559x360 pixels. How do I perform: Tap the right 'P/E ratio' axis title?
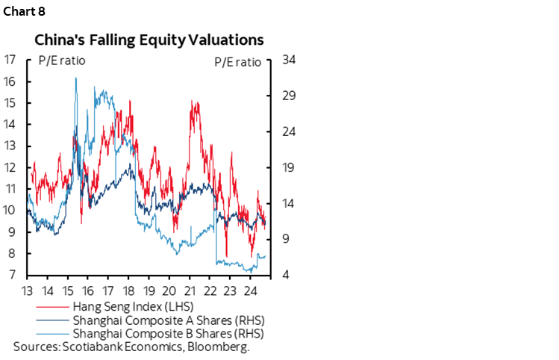tap(237, 61)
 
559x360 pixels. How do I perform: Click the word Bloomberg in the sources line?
tap(221, 347)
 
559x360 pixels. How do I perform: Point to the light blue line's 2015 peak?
tap(75, 78)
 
